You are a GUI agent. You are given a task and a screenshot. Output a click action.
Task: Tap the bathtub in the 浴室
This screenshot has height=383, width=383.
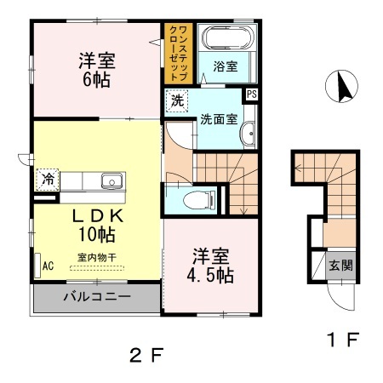[225, 39]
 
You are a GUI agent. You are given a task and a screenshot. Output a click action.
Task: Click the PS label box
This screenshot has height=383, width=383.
[251, 94]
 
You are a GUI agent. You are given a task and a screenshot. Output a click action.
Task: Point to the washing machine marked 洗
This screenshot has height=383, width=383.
[177, 100]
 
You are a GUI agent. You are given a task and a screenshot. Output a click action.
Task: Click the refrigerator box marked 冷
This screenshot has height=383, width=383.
[48, 180]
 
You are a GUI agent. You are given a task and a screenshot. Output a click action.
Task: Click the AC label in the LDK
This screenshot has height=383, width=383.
[48, 266]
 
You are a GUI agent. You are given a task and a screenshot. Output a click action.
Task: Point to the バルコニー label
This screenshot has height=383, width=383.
[95, 298]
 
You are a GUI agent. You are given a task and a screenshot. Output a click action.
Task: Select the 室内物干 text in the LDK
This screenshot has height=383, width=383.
[95, 256]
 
